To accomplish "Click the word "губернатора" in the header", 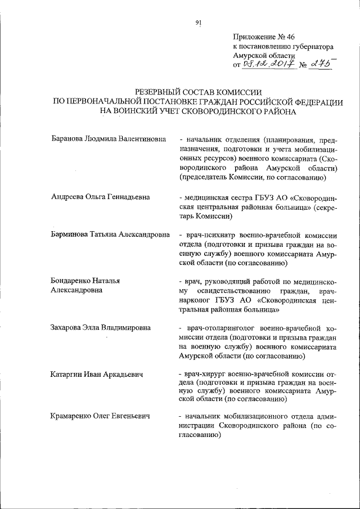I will pyautogui.click(x=310, y=47).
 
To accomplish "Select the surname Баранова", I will pyautogui.click(x=67, y=138).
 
